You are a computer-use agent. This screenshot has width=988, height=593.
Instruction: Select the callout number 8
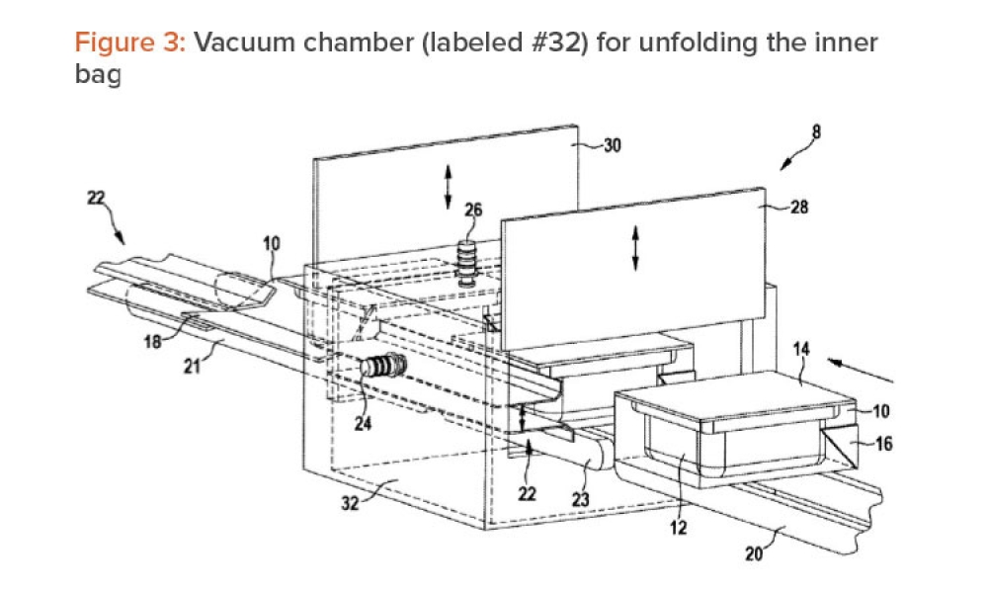pyautogui.click(x=816, y=129)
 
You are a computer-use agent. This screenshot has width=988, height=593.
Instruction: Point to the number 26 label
pyautogui.click(x=474, y=209)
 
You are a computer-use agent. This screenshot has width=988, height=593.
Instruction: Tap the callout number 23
pyautogui.click(x=581, y=501)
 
